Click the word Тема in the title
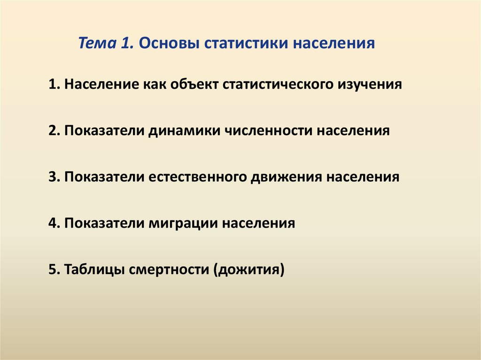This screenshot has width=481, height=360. tap(97, 42)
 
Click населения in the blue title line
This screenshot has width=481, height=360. tap(334, 42)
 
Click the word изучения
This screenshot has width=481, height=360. tap(370, 85)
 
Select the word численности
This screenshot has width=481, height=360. tap(268, 130)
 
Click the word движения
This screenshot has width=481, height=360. tap(286, 177)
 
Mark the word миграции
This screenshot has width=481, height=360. tap(183, 223)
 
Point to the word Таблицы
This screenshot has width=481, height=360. tap(94, 269)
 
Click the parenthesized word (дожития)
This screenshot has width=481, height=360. tap(249, 270)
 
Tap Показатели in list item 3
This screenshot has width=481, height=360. tap(104, 177)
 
